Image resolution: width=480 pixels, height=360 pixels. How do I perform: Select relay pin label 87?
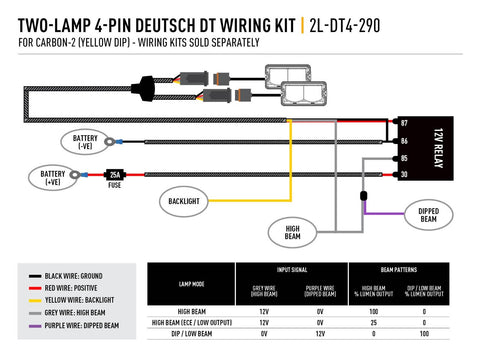pos(404,123)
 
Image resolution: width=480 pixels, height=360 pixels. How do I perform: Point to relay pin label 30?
pos(404,174)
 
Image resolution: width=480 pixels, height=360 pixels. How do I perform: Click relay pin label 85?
pos(404,157)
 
